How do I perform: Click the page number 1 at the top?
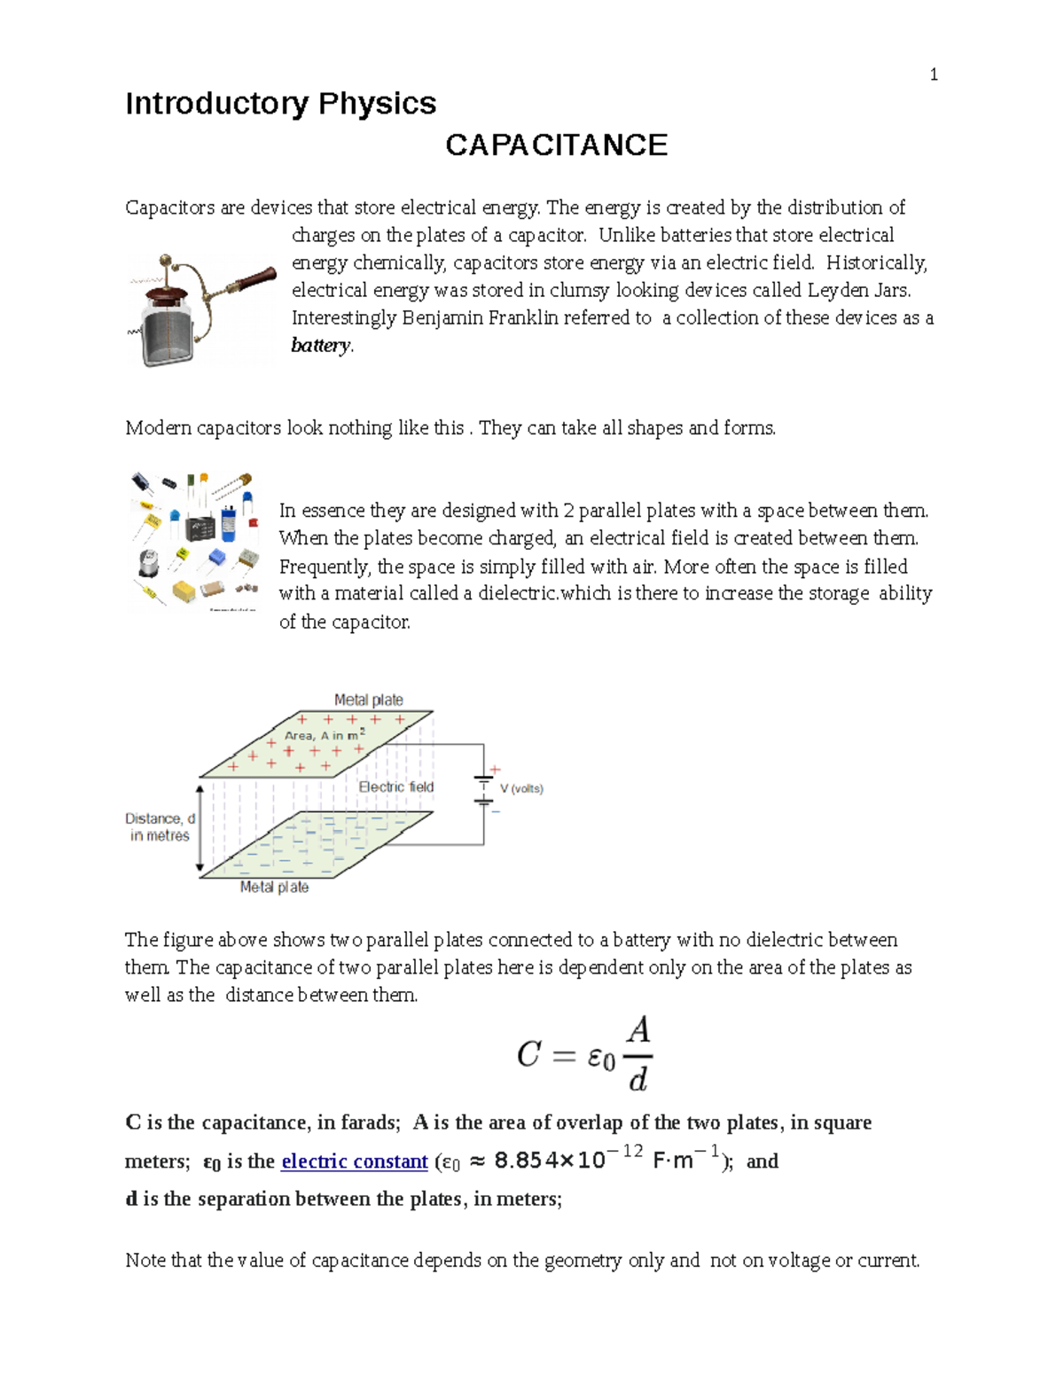[x=933, y=74]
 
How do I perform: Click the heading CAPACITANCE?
[x=556, y=145]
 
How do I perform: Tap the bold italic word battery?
[x=321, y=346]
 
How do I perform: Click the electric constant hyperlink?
[x=354, y=1162]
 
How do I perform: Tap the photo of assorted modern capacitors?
[x=195, y=541]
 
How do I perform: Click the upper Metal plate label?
[x=368, y=700]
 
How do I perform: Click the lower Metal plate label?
[x=274, y=887]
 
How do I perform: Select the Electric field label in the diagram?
[x=395, y=786]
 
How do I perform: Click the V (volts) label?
[x=521, y=788]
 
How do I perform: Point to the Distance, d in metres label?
[x=160, y=826]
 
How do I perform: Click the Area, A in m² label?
[x=324, y=735]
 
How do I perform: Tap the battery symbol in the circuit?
[x=483, y=788]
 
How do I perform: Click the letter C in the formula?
[x=528, y=1054]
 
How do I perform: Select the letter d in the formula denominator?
[x=638, y=1079]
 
